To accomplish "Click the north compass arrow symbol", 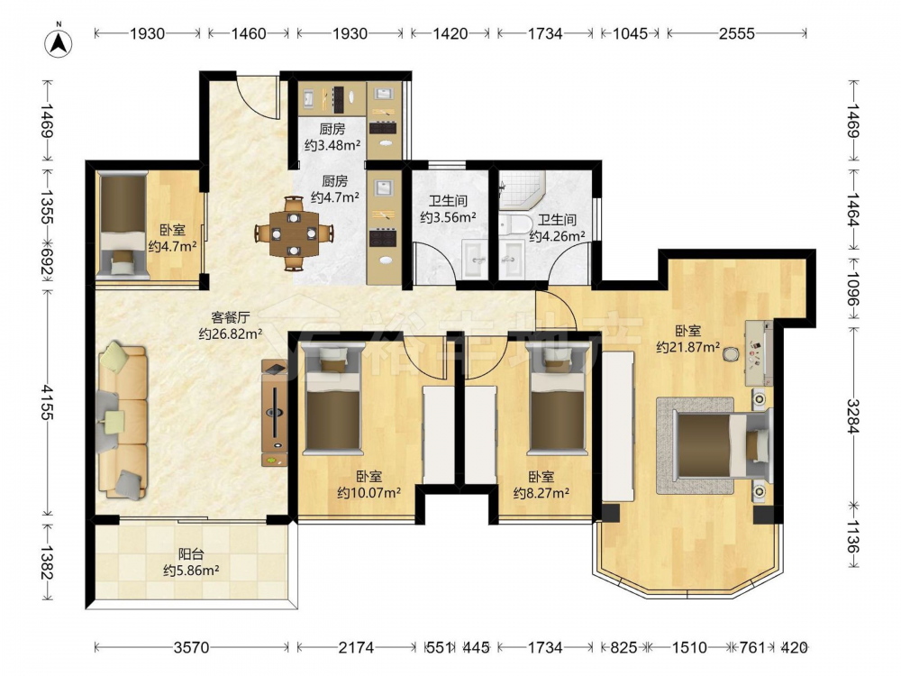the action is (x=59, y=41).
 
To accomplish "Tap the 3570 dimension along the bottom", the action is (x=191, y=648).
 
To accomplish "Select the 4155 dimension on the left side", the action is (x=47, y=403).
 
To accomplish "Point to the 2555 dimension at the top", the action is (x=736, y=34).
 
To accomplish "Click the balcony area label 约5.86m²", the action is (x=191, y=571).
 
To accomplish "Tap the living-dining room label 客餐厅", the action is (x=231, y=317).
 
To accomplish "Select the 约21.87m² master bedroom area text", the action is (x=688, y=347).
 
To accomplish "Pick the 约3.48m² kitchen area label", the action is (x=332, y=145).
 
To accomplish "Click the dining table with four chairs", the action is (x=295, y=233).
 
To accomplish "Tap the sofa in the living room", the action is (x=123, y=421).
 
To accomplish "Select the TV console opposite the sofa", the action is (x=275, y=413).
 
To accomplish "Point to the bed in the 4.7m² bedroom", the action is (x=123, y=224).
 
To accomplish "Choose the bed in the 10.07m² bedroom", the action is (x=333, y=397).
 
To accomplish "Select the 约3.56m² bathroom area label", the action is (x=448, y=217).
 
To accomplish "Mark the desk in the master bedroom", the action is (x=759, y=353).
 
